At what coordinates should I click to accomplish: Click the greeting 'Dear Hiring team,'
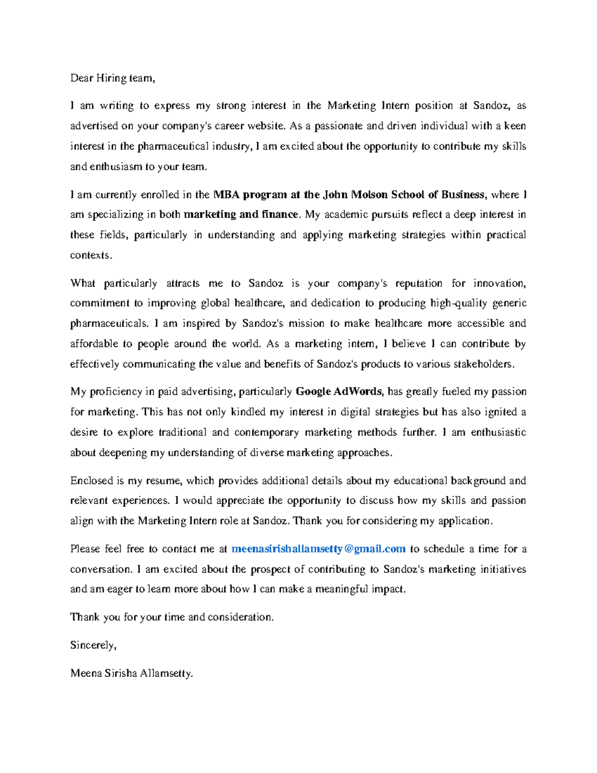pyautogui.click(x=112, y=78)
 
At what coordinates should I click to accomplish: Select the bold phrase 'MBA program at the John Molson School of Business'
pyautogui.click(x=348, y=195)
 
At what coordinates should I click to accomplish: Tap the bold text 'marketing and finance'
pyautogui.click(x=241, y=215)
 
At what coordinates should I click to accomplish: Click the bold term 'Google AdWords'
pyautogui.click(x=339, y=392)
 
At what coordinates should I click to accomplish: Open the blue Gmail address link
pyautogui.click(x=318, y=549)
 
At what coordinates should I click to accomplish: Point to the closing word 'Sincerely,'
pyautogui.click(x=93, y=645)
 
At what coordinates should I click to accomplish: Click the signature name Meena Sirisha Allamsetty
pyautogui.click(x=131, y=673)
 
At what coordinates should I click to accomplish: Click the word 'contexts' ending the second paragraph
pyautogui.click(x=90, y=255)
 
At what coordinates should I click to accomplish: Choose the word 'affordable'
pyautogui.click(x=94, y=344)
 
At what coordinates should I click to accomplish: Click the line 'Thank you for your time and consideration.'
pyautogui.click(x=172, y=617)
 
